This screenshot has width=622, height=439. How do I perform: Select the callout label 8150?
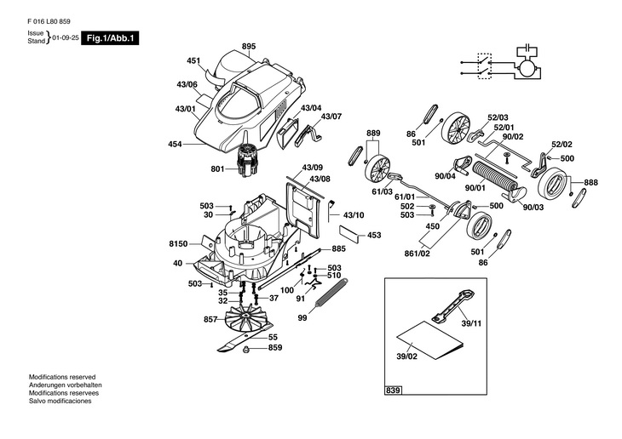176,243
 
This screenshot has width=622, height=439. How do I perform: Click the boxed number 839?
393,391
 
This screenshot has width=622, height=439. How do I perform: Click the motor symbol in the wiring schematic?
528,66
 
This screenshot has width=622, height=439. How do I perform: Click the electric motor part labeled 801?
248,160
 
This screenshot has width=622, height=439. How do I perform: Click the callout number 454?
175,145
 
